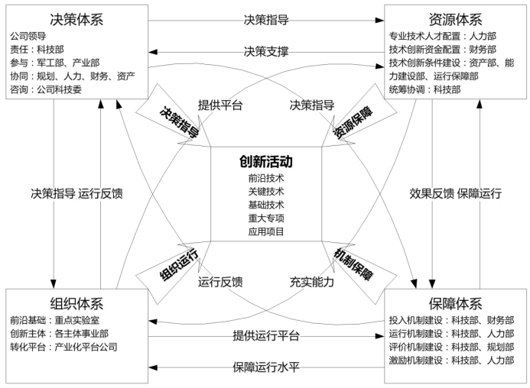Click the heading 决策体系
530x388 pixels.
click(x=76, y=20)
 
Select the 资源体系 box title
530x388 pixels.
click(x=455, y=20)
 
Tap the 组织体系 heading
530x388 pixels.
click(x=76, y=303)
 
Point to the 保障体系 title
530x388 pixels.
click(x=455, y=303)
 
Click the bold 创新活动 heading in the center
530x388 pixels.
click(x=266, y=161)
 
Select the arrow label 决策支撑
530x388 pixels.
click(x=266, y=51)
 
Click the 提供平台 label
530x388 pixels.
click(x=220, y=105)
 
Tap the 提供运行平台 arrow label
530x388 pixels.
click(x=266, y=335)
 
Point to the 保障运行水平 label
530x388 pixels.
click(x=266, y=367)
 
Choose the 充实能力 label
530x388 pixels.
click(x=311, y=282)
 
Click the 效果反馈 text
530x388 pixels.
click(x=431, y=193)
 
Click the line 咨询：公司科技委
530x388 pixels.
click(x=46, y=89)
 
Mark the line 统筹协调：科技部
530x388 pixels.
click(x=424, y=89)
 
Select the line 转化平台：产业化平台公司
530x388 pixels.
click(x=63, y=347)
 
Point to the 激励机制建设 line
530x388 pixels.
click(x=451, y=361)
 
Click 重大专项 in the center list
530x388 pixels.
click(x=266, y=218)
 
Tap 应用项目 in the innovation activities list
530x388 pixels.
click(x=266, y=231)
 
